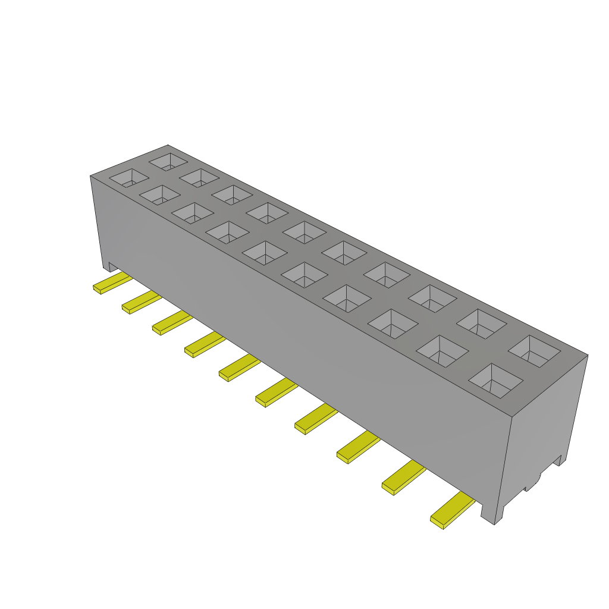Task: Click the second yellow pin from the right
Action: pos(403,479)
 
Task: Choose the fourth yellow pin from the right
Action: pos(315,419)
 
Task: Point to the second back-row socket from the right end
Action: pos(481,323)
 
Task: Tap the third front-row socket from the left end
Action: pos(193,212)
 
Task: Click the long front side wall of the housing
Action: pos(297,333)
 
